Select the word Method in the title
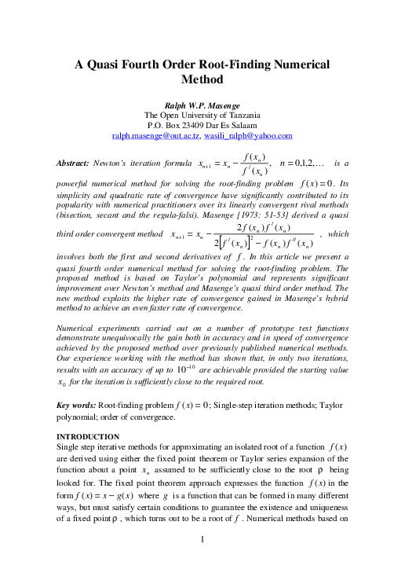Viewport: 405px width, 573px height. (x=202, y=79)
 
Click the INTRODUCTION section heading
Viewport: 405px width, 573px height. (x=89, y=435)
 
